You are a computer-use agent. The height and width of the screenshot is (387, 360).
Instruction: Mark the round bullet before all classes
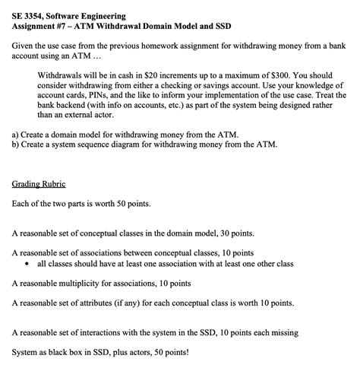pos(27,264)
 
